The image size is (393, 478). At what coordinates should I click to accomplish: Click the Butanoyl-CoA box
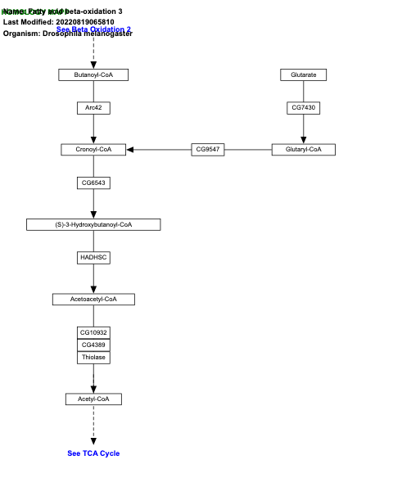point(93,75)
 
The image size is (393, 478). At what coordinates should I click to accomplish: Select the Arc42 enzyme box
point(93,108)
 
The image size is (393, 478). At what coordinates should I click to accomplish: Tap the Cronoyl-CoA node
point(93,149)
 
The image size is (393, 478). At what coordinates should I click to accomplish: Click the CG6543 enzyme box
point(93,183)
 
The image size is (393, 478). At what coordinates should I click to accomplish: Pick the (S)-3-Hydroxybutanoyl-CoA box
point(93,224)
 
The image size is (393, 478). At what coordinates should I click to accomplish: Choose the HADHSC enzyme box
point(93,257)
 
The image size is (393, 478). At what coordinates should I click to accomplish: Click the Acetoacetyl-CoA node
point(93,299)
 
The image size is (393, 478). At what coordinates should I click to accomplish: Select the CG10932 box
point(93,333)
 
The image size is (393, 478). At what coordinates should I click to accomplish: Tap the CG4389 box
point(93,345)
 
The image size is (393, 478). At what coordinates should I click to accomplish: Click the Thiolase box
point(93,357)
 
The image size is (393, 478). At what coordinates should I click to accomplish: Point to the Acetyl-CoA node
point(93,399)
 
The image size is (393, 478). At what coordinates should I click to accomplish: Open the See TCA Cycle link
point(93,453)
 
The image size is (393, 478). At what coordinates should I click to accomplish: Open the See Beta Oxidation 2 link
point(93,29)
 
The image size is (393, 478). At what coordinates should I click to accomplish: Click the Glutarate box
point(303,75)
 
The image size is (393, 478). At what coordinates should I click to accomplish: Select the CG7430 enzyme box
point(303,108)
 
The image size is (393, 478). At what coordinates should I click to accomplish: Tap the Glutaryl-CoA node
point(303,149)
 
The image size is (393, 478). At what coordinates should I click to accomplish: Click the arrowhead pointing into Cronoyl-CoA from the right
point(130,149)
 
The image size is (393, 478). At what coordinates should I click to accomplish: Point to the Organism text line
point(67,34)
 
